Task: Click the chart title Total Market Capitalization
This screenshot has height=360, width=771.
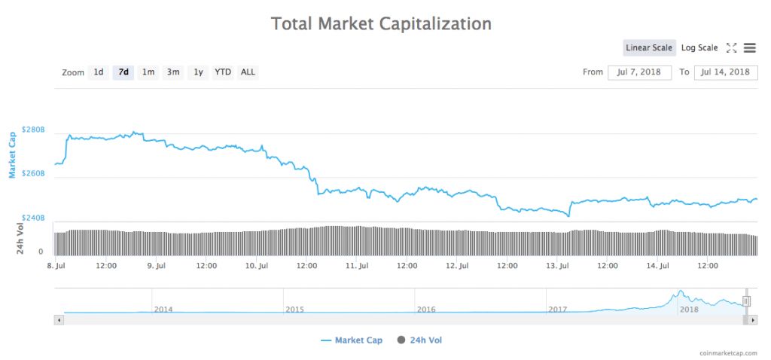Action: (x=381, y=24)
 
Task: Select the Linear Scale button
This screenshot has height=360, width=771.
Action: (x=649, y=48)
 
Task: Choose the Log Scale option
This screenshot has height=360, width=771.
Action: (x=699, y=48)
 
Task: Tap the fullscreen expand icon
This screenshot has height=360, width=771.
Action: (x=731, y=48)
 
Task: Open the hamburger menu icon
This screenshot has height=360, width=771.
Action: (x=749, y=48)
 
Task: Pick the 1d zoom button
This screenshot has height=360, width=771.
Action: (x=99, y=72)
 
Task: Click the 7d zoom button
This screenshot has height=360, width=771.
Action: (x=123, y=72)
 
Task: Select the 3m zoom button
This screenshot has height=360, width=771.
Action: (x=173, y=72)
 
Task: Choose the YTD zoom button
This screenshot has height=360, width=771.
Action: (x=223, y=72)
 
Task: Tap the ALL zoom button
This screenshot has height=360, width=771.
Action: (x=248, y=72)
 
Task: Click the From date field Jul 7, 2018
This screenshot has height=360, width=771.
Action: (x=639, y=72)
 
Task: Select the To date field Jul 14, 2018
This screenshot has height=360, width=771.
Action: (x=725, y=72)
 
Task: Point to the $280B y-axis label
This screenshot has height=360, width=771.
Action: (x=34, y=130)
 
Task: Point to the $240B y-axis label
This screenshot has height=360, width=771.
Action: (x=34, y=218)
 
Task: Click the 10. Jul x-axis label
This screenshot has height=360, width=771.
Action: (x=258, y=266)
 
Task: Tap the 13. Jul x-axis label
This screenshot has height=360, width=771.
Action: (x=558, y=266)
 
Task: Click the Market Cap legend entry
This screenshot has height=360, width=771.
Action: (x=352, y=340)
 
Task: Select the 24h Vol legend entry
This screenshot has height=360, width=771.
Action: (x=420, y=340)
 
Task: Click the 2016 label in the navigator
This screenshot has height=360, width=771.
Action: (x=426, y=310)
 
